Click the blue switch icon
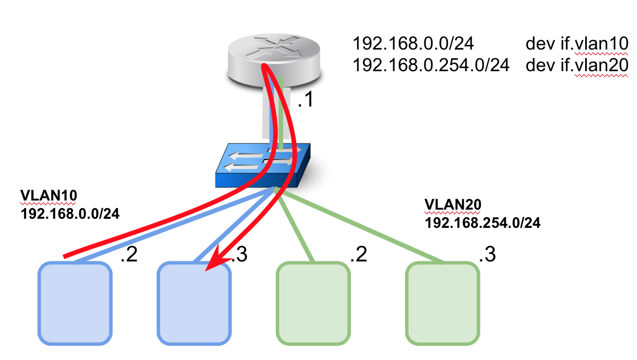[262, 165]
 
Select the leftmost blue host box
[74, 303]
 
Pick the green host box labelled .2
[313, 303]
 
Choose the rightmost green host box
[443, 303]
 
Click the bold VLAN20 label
[449, 204]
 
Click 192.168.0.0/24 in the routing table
[414, 44]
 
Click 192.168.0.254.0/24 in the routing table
[431, 65]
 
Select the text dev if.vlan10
[577, 44]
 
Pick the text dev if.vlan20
[577, 65]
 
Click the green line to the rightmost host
[365, 228]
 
